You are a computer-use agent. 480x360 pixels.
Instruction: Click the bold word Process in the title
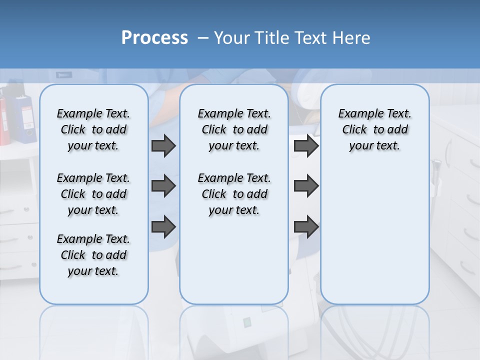(154, 38)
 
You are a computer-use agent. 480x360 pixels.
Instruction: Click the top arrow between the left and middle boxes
(163, 145)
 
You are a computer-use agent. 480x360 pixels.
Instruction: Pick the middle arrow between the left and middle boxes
(163, 186)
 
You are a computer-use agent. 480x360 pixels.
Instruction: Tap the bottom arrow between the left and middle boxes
(163, 226)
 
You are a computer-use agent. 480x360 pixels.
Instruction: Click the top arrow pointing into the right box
(306, 145)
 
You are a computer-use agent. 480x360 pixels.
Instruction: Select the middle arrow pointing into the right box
(306, 186)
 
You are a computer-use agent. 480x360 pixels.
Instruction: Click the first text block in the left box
(93, 129)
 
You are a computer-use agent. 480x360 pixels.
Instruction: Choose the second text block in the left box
(93, 194)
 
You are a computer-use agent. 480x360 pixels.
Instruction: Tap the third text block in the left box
(93, 255)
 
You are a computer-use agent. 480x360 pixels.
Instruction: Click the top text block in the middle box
(234, 129)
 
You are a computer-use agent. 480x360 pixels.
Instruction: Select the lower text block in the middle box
(234, 194)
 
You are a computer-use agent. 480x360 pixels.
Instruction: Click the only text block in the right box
(374, 129)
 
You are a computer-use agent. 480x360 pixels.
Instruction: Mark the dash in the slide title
(203, 38)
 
